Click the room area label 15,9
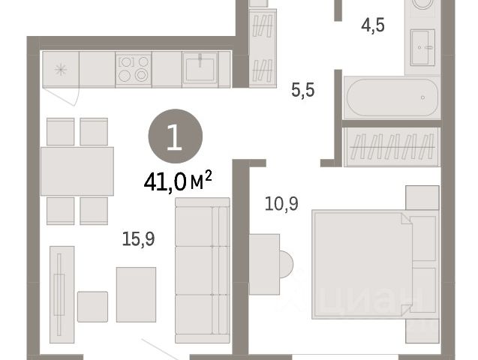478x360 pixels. tap(138, 238)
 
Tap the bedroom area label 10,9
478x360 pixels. tap(281, 204)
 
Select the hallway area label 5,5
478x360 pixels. tap(302, 90)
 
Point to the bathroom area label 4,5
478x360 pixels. tap(372, 25)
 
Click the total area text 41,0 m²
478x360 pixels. tap(178, 181)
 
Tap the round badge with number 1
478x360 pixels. tap(176, 136)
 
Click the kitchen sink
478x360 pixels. tap(200, 70)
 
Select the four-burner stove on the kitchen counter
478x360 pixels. tap(134, 70)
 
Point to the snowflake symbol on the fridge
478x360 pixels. tap(61, 70)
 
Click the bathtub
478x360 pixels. tap(392, 97)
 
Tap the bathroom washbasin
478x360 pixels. tap(422, 47)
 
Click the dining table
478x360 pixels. tap(77, 171)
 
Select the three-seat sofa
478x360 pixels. tap(203, 271)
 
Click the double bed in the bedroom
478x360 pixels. tap(375, 264)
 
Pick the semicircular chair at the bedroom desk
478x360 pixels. tap(286, 264)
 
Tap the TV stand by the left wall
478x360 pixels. tap(62, 295)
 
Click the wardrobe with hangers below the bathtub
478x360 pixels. tap(392, 147)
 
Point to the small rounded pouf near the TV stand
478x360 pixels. tap(92, 307)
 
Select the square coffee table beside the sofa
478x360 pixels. tap(136, 295)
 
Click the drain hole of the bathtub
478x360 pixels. tap(422, 97)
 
